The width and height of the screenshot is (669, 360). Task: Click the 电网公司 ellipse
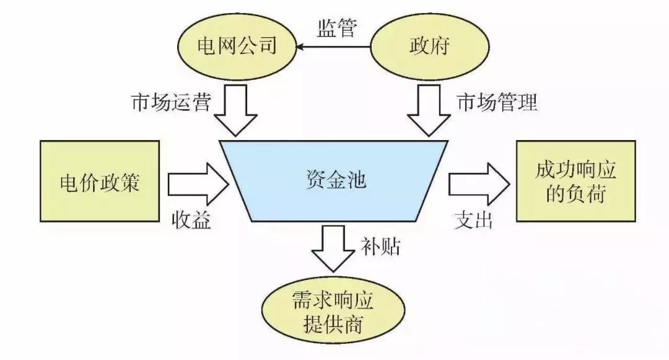point(235,47)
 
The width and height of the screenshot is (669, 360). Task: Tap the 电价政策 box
point(99,182)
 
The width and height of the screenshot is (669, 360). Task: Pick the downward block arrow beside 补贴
point(334,247)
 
